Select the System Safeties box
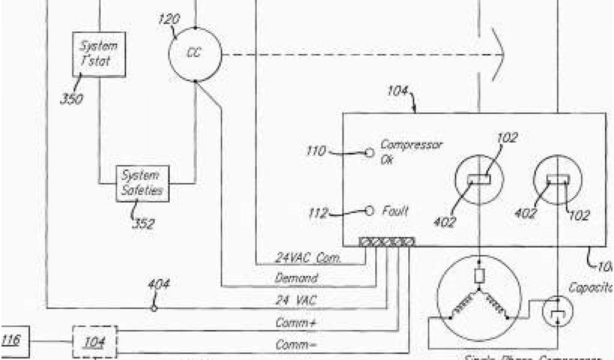pos(142,183)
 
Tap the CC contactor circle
pos(194,53)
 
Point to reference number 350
pos(72,98)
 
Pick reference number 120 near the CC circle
pos(168,19)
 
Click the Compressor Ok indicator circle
pos(371,152)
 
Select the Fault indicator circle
pos(371,211)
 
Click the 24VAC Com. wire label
pos(308,259)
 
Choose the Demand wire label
pos(296,278)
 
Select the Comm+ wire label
pos(296,323)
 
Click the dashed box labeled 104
pos(95,342)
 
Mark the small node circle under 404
pos(154,308)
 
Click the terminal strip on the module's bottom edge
pos(386,242)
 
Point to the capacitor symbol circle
pos(558,312)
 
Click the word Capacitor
pos(590,288)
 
